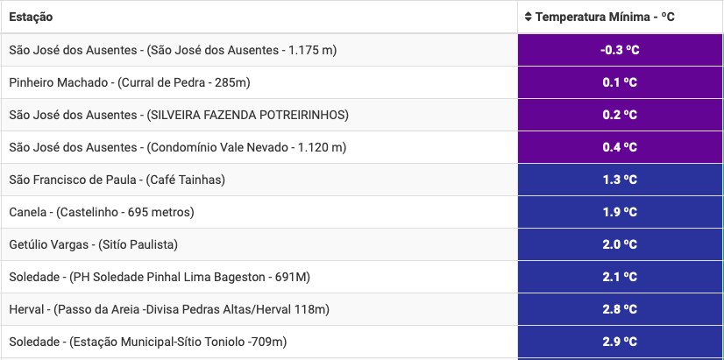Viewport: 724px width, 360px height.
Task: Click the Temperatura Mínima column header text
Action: tap(605, 18)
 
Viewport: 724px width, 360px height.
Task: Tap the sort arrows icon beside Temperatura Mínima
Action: tap(529, 18)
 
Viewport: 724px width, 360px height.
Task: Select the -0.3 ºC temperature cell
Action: tap(620, 50)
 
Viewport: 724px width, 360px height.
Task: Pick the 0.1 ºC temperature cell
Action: tap(620, 82)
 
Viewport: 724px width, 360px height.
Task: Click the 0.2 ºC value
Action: tap(620, 115)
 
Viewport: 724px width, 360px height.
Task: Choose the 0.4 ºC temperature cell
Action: tap(620, 147)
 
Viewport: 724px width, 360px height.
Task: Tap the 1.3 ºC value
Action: tap(620, 180)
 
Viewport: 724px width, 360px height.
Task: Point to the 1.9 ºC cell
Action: tap(620, 212)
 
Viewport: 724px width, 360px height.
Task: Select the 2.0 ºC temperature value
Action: tap(620, 244)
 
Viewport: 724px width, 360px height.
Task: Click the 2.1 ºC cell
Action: tap(620, 277)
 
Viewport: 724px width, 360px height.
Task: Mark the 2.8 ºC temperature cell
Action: tap(620, 309)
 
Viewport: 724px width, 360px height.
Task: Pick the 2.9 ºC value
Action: tap(620, 342)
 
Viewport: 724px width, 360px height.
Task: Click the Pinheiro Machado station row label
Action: tap(130, 82)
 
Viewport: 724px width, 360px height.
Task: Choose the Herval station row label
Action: tap(169, 310)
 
